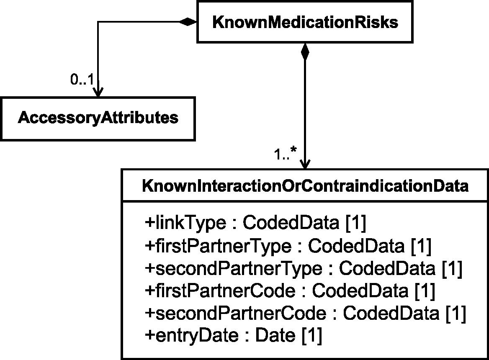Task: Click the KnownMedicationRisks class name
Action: [305, 23]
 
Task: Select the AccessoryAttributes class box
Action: [98, 119]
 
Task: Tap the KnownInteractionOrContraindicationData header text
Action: [305, 186]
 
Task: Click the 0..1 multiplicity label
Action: [82, 80]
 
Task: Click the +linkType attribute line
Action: [255, 223]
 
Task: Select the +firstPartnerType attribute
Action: [288, 246]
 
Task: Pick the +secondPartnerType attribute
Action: [304, 268]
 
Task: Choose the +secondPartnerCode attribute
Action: [305, 313]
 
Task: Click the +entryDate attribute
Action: [233, 335]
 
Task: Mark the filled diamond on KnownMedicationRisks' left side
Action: [188, 21]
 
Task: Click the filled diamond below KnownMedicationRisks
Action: [305, 52]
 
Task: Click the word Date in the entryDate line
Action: [275, 335]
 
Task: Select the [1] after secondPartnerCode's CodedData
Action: [456, 313]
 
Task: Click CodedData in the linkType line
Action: [291, 223]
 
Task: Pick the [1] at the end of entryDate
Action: [312, 335]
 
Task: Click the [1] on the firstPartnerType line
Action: [421, 246]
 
